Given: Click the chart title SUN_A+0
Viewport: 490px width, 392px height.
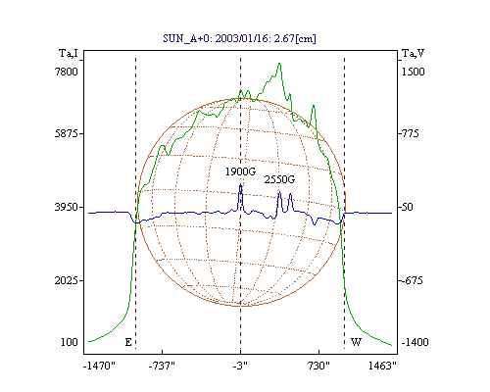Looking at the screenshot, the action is point(184,39).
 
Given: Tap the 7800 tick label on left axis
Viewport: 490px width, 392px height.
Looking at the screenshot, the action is point(67,72).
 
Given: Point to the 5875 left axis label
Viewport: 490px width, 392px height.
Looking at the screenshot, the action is point(67,133).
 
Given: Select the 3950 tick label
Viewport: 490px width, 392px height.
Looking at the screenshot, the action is point(67,207).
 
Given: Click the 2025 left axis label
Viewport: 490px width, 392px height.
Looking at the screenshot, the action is point(67,280).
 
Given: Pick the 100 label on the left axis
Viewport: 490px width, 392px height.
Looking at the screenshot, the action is point(70,342).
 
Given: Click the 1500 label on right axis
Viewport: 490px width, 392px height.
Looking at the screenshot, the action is point(413,72).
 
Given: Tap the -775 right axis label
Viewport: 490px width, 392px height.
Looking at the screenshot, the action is point(410,133).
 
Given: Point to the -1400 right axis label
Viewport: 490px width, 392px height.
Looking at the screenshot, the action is point(415,342).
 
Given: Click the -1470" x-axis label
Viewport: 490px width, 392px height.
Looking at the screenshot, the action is point(99,366).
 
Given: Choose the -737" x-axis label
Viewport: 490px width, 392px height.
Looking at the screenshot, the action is point(162,366).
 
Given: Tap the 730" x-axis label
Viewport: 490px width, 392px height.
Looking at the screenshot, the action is point(318,366).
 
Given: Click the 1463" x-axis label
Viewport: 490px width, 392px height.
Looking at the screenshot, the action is point(382,366).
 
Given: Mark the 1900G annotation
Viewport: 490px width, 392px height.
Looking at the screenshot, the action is point(240,171).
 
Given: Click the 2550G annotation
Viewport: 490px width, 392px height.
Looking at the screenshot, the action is point(279,179).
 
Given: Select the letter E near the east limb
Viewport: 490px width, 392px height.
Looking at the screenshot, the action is point(128,342).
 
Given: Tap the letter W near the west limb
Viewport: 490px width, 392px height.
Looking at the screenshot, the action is point(356,342).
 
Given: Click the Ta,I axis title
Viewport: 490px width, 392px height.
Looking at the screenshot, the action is point(69,53).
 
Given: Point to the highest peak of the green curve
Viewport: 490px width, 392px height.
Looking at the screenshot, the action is point(279,64).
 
